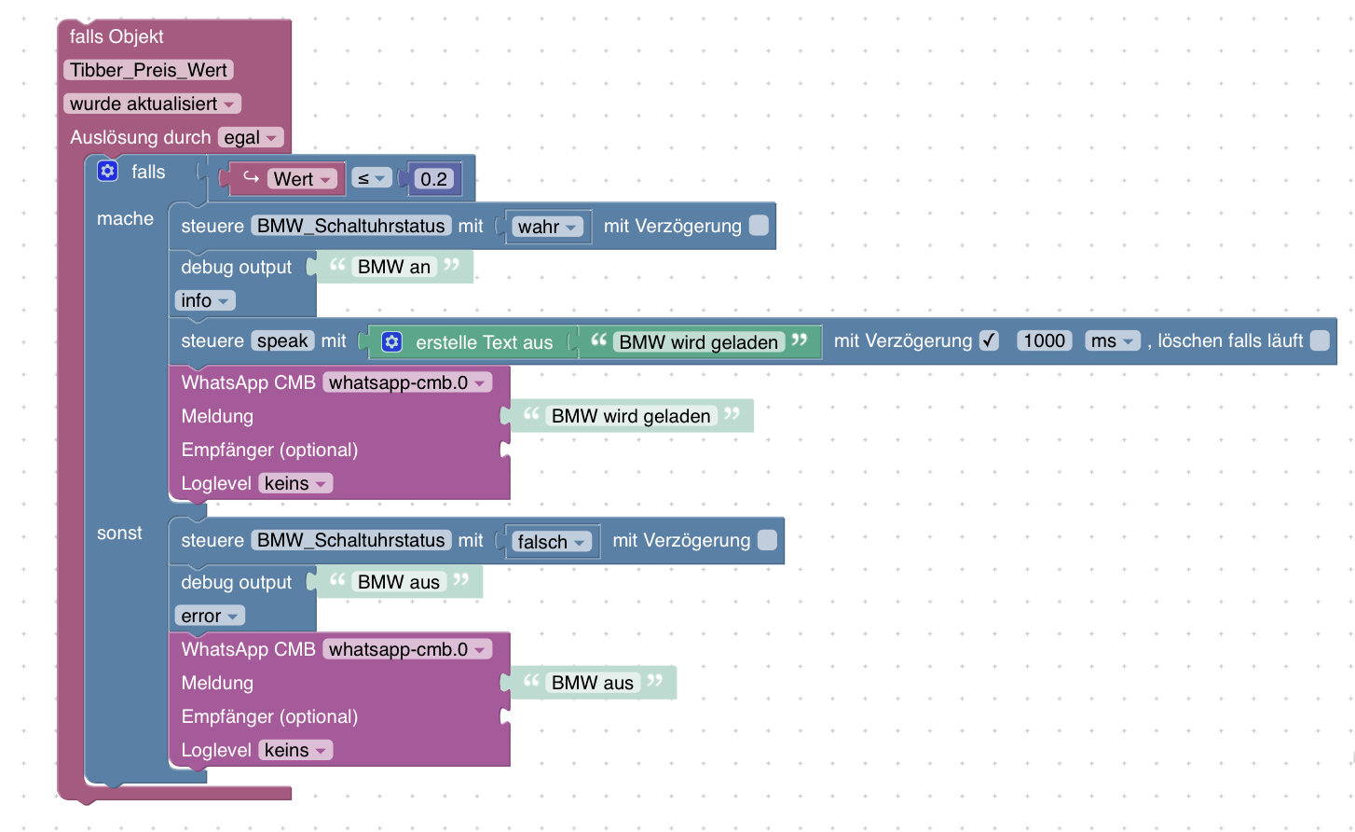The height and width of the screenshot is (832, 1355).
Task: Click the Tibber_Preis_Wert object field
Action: click(x=148, y=70)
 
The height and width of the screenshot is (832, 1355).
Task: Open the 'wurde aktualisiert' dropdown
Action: click(x=152, y=104)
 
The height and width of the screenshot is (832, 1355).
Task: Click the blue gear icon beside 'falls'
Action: click(x=108, y=171)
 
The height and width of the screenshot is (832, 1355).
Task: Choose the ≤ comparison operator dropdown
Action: click(x=371, y=178)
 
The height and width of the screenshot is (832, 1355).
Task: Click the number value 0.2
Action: click(x=433, y=179)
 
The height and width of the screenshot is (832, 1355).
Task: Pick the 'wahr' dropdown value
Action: click(x=547, y=227)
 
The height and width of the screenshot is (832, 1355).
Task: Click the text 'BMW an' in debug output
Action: click(x=393, y=267)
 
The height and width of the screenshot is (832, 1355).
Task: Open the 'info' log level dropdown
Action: click(x=204, y=300)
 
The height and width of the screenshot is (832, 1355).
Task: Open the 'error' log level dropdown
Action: click(x=209, y=616)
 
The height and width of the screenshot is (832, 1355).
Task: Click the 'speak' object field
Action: click(x=282, y=340)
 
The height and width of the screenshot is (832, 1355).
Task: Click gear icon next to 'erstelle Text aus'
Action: click(x=392, y=342)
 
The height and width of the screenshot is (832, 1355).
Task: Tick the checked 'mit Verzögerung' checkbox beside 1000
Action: click(x=989, y=340)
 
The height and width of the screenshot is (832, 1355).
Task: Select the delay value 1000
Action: click(x=1044, y=340)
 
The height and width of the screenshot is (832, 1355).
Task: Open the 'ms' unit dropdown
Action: click(x=1112, y=340)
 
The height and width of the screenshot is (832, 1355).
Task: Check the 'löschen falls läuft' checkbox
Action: click(x=1320, y=340)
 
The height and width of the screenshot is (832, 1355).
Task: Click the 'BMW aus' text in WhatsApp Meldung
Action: click(x=592, y=683)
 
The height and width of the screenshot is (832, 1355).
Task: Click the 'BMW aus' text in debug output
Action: click(x=398, y=582)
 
